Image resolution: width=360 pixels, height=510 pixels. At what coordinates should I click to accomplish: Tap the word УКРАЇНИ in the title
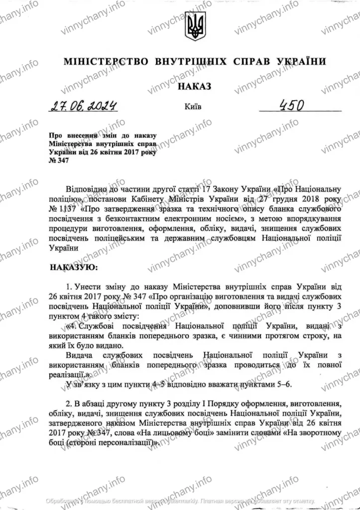tap(301, 62)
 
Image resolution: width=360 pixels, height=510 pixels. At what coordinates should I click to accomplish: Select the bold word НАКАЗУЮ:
tap(75, 267)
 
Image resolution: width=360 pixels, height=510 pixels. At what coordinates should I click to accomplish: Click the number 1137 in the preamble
tap(69, 206)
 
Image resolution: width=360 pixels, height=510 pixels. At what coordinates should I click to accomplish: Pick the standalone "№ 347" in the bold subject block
tap(57, 160)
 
